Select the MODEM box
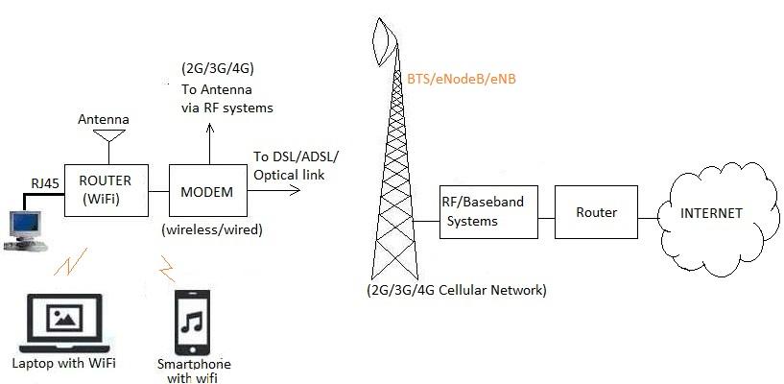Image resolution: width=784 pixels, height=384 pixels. click(206, 192)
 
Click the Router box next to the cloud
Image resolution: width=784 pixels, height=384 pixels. click(596, 212)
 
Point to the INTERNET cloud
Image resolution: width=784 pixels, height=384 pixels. click(712, 213)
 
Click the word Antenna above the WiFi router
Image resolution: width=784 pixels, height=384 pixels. click(103, 119)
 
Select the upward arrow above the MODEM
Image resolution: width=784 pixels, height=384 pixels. click(206, 144)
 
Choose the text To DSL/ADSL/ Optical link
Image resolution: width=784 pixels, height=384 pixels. click(297, 165)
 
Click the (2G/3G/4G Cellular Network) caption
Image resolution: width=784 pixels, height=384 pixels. click(456, 289)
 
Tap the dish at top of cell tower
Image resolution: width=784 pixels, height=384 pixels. click(386, 38)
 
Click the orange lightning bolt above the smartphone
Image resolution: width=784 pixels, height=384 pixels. click(167, 265)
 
